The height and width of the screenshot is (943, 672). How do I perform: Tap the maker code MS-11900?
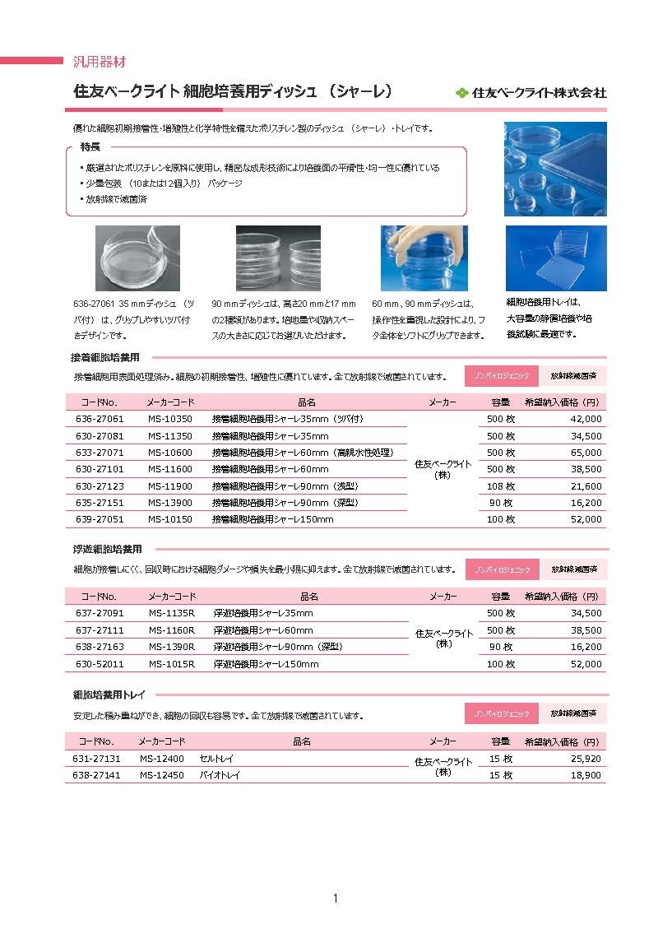pyautogui.click(x=170, y=486)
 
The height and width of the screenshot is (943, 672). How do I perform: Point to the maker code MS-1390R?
pyautogui.click(x=172, y=647)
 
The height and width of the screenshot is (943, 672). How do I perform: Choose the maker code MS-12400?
pyautogui.click(x=162, y=759)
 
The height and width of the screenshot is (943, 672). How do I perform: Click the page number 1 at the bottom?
pyautogui.click(x=336, y=898)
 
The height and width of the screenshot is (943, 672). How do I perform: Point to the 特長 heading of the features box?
pyautogui.click(x=90, y=147)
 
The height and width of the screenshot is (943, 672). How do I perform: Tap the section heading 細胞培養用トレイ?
pyautogui.click(x=109, y=695)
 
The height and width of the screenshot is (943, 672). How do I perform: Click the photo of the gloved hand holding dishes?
pyautogui.click(x=424, y=258)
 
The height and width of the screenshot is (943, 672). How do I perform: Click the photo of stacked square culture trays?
pyautogui.click(x=555, y=258)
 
